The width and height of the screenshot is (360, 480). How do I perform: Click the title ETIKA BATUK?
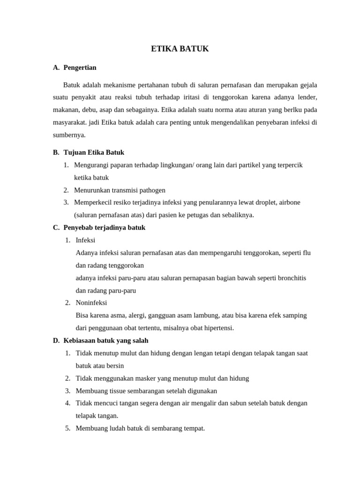(x=180, y=49)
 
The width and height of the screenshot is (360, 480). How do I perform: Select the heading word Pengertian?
(x=80, y=67)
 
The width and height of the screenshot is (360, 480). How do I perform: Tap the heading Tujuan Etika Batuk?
(x=94, y=152)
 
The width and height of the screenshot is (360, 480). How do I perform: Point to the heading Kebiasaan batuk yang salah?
(x=105, y=340)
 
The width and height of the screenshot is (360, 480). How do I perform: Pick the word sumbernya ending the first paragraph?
(x=68, y=135)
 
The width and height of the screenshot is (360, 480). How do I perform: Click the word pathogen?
(x=151, y=190)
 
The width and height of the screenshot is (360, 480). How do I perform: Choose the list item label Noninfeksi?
(x=91, y=303)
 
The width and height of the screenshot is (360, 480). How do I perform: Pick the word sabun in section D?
(x=241, y=403)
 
